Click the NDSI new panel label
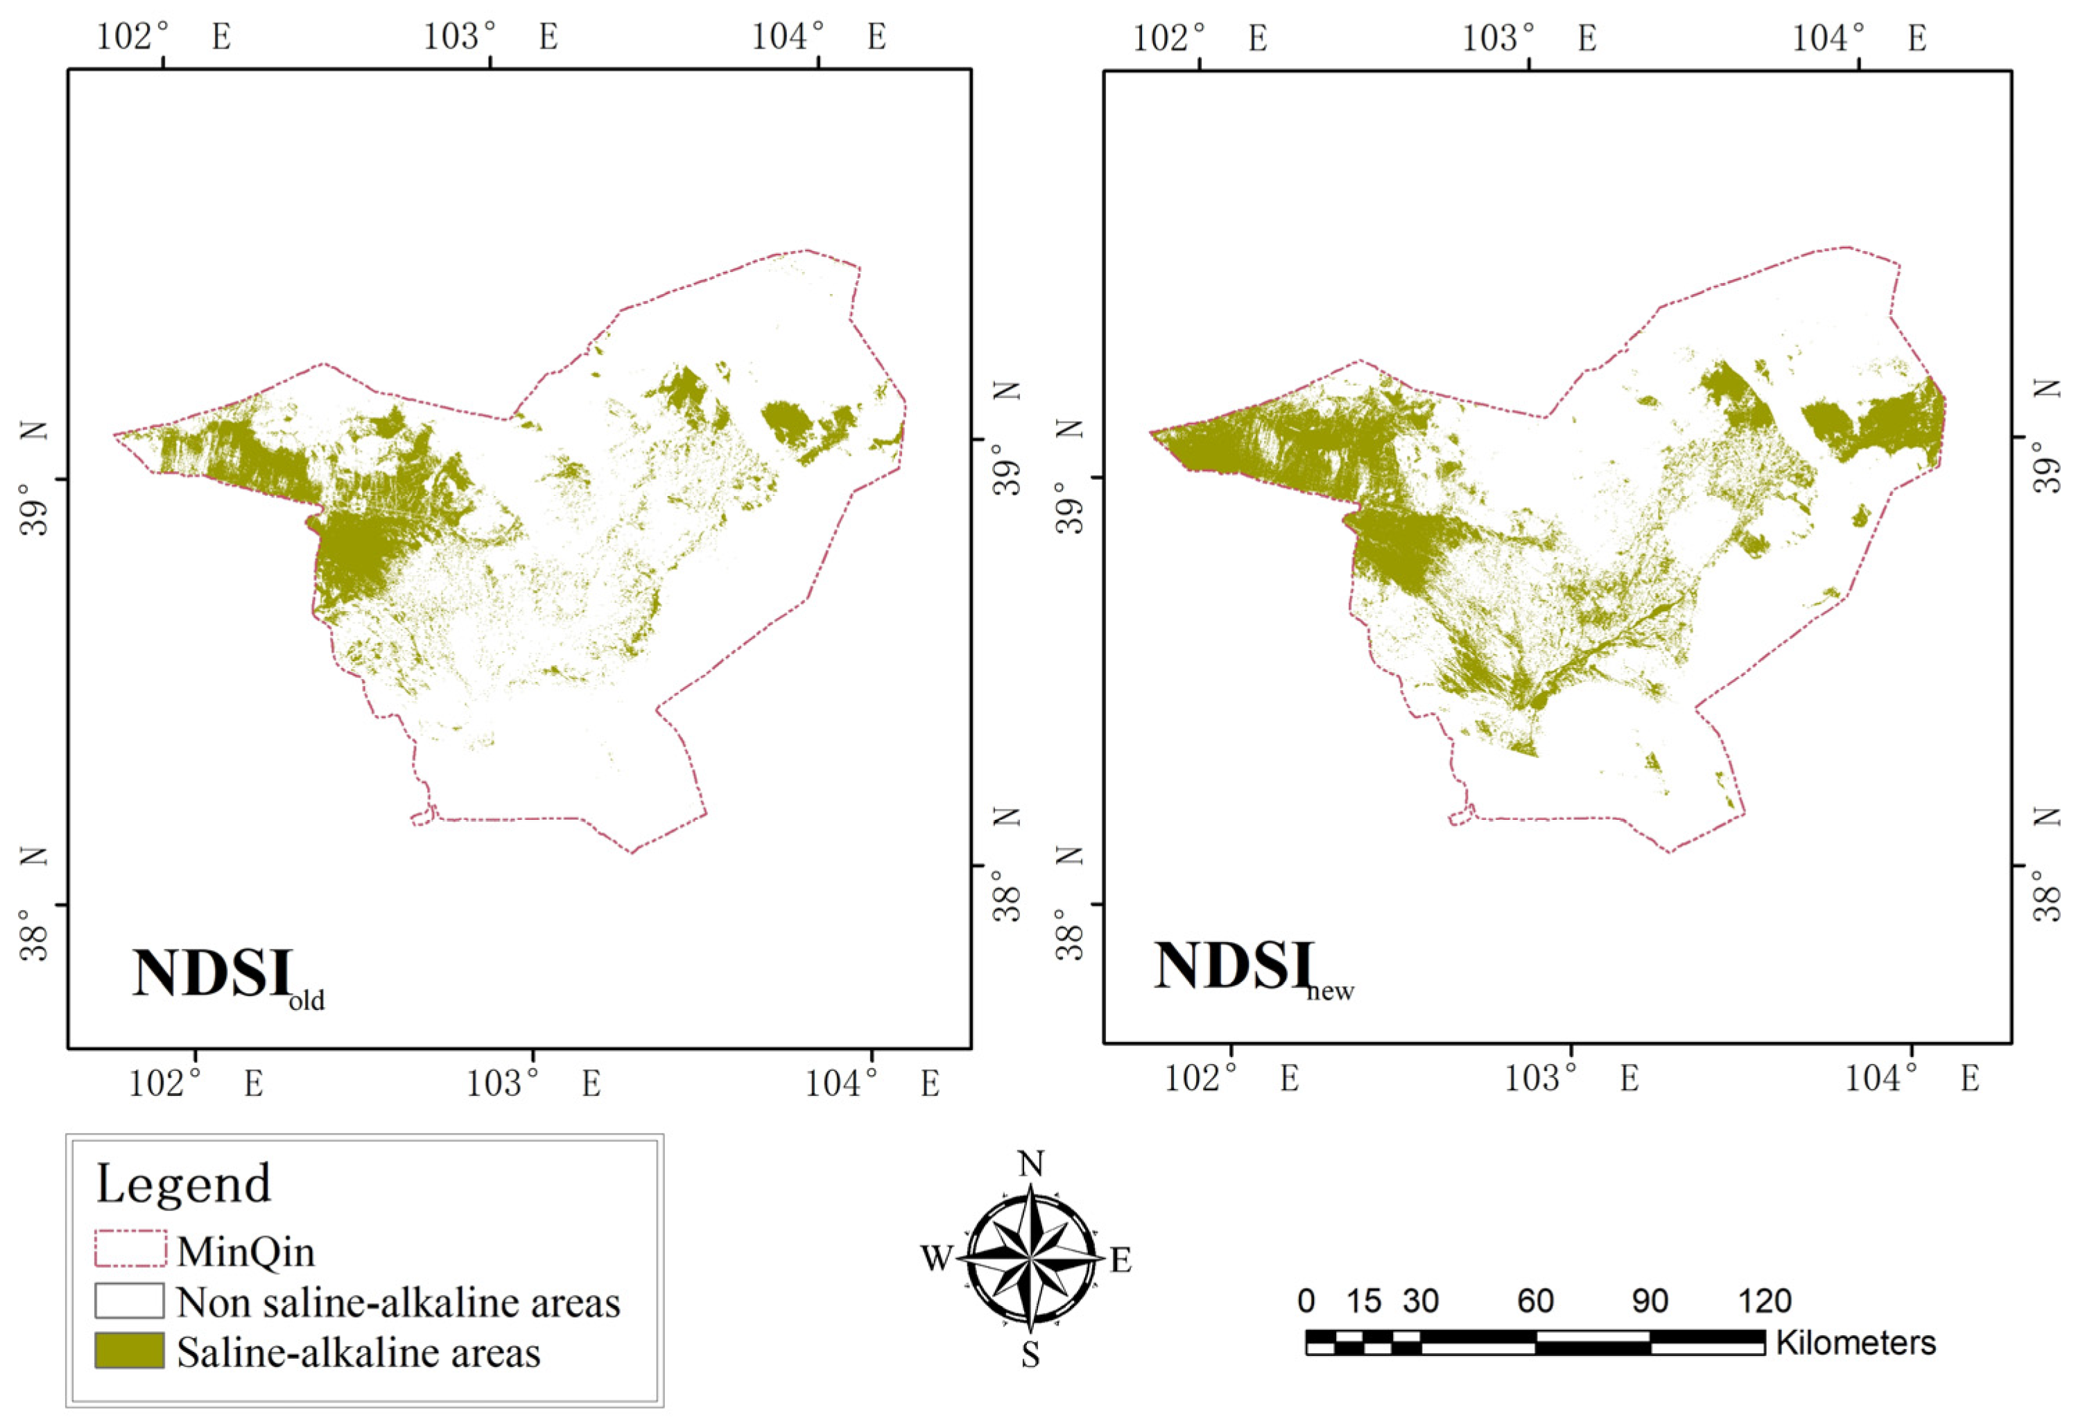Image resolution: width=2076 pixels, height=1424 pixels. (1252, 968)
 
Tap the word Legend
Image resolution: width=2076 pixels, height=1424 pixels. (183, 1184)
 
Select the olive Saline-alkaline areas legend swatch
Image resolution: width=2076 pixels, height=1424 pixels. (130, 1350)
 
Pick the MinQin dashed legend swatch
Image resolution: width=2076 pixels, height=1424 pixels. (130, 1249)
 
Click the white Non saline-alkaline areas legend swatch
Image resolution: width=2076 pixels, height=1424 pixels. (130, 1300)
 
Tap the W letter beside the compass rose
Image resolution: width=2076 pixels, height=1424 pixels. (936, 1259)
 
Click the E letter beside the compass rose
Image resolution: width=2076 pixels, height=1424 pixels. (1121, 1260)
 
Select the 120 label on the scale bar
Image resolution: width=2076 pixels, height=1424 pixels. (1764, 1301)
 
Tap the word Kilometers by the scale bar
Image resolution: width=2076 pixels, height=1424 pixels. (1856, 1343)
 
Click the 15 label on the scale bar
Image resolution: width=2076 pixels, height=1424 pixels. (1363, 1301)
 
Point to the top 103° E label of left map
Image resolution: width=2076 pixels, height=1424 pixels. (490, 37)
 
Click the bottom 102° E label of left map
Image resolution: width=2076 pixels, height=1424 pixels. (196, 1083)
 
